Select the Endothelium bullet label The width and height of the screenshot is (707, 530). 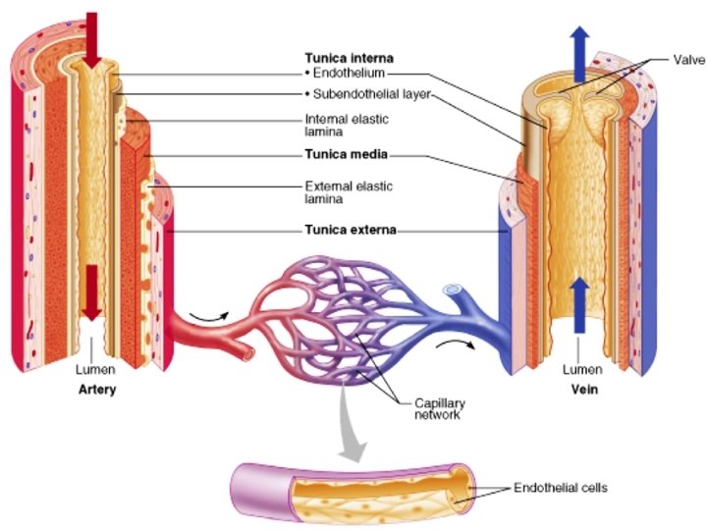[347, 74]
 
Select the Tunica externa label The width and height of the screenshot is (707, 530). [353, 231]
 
